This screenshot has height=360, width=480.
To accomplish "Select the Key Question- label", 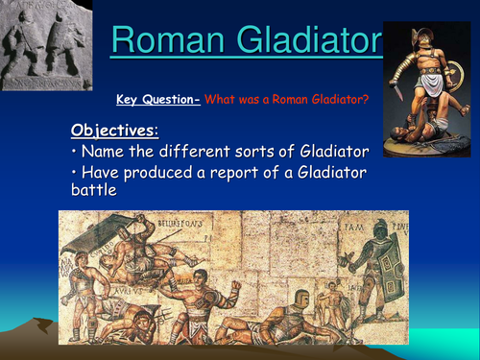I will (157, 98).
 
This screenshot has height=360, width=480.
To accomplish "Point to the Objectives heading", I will (111, 129).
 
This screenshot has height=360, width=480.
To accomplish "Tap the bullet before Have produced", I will (76, 174).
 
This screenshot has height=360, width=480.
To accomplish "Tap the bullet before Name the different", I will (76, 152).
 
